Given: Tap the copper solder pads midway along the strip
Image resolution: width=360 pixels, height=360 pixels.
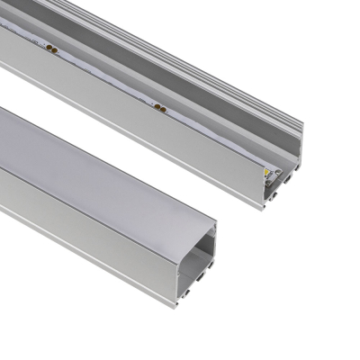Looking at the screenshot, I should [x=161, y=109].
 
